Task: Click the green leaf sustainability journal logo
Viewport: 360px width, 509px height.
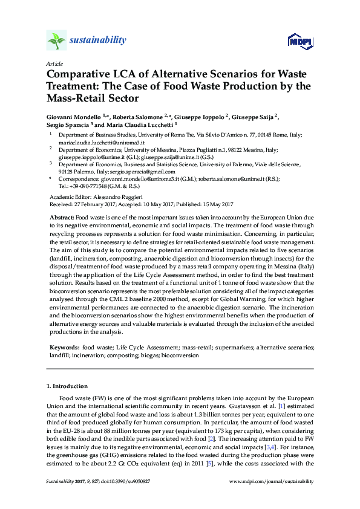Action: pos(57,41)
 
